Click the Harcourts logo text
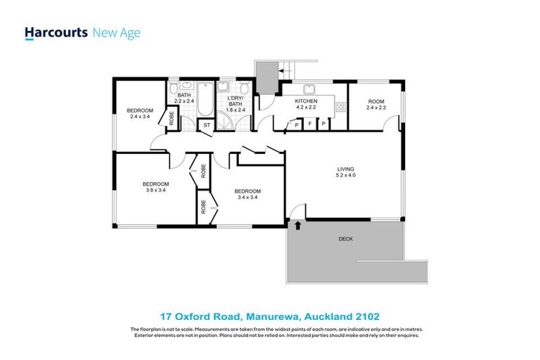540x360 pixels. tap(56, 32)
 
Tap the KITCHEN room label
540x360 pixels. tap(306, 101)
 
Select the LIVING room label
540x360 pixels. tap(345, 169)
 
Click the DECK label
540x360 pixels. tap(345, 239)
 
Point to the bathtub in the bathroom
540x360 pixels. tap(202, 101)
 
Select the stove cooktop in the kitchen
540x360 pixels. tap(341, 107)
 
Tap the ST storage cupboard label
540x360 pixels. tap(206, 125)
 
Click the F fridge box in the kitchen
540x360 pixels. tap(310, 124)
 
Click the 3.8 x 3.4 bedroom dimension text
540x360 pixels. tap(155, 190)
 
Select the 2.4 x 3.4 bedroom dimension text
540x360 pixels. tap(140, 117)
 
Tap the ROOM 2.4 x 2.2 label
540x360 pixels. tap(377, 104)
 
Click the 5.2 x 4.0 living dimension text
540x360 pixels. tap(345, 176)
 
